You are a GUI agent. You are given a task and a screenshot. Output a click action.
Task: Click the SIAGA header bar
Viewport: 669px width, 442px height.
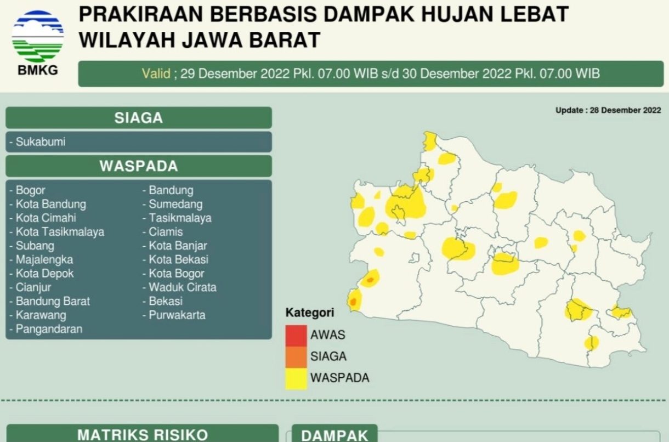click(139, 118)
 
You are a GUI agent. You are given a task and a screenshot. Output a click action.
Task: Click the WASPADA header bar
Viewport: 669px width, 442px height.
click(139, 166)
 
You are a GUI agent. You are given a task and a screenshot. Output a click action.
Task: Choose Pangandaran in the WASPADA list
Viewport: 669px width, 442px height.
click(49, 329)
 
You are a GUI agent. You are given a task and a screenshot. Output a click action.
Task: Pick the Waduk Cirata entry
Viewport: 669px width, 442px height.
click(183, 287)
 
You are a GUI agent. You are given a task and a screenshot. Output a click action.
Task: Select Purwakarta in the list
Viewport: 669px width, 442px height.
click(177, 315)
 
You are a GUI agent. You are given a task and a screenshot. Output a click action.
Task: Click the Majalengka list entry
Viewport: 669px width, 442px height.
click(44, 259)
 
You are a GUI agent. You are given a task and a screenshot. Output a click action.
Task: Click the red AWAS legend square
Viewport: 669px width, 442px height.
click(296, 335)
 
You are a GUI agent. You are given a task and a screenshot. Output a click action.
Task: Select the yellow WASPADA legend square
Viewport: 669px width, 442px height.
click(296, 378)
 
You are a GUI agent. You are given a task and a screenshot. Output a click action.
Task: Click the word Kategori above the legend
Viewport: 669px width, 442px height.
click(310, 313)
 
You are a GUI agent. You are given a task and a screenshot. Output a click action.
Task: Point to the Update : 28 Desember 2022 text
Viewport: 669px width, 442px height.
click(608, 110)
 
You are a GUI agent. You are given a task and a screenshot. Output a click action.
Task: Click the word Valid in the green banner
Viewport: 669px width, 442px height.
click(156, 73)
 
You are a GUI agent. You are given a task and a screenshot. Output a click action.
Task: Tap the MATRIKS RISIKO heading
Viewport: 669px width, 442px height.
click(142, 435)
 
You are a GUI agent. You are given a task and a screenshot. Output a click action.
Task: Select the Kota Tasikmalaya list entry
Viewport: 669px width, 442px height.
click(60, 232)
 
